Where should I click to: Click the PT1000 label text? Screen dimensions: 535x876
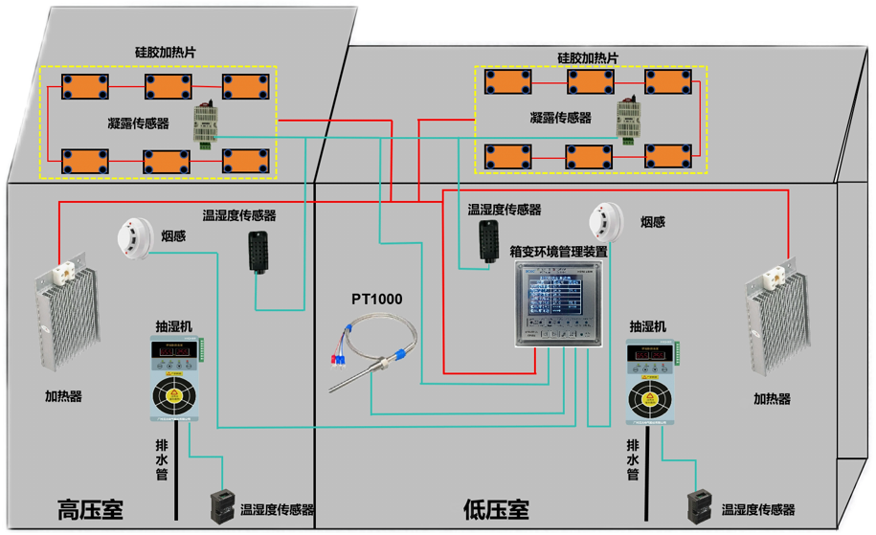click(376, 300)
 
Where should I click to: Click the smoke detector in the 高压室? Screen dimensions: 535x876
click(133, 237)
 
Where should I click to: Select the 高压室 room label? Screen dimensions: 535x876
click(91, 508)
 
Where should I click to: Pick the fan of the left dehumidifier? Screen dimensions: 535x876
click(175, 396)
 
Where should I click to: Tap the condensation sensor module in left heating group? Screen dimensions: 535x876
click(206, 123)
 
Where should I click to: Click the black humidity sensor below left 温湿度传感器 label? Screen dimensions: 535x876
click(258, 251)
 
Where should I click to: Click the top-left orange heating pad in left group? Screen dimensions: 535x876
click(84, 86)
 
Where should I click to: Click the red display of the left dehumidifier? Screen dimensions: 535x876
click(174, 352)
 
